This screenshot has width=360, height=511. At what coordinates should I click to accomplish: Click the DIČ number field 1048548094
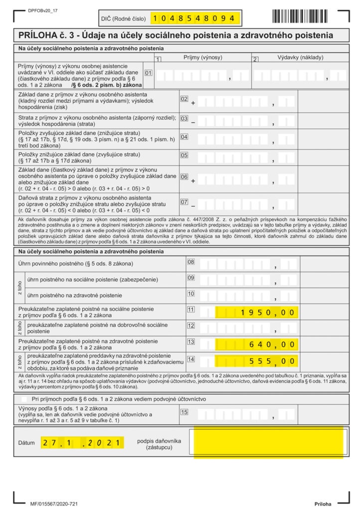(195, 18)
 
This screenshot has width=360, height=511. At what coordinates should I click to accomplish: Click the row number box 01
(148, 72)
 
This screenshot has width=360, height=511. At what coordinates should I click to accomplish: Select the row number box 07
(184, 202)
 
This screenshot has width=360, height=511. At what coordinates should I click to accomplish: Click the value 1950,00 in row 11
(257, 312)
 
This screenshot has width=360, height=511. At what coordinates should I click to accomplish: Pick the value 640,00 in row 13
(257, 344)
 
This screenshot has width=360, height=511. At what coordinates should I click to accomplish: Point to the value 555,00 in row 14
(257, 360)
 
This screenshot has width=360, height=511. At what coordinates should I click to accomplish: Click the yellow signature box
(269, 442)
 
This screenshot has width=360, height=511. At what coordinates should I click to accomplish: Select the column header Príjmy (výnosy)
(203, 57)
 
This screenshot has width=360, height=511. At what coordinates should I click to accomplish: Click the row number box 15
(184, 412)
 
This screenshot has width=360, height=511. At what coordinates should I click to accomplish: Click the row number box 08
(190, 261)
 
